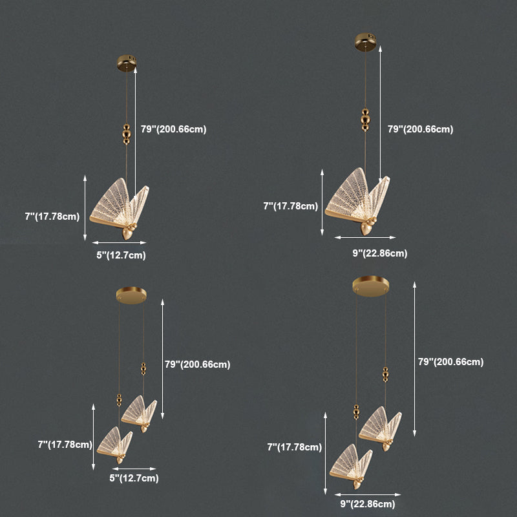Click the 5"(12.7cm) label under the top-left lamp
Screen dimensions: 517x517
(x=121, y=255)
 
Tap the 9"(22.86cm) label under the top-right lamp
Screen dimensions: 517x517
(x=380, y=253)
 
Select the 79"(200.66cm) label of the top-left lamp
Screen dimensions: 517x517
(x=173, y=129)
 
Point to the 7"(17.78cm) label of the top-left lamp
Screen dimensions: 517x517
(x=52, y=216)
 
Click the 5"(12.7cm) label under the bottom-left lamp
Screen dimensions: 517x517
(x=134, y=478)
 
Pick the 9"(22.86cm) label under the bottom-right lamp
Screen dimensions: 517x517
(x=368, y=504)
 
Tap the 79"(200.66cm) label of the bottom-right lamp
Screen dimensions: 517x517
(x=450, y=362)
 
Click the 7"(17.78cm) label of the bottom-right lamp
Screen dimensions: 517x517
(x=295, y=447)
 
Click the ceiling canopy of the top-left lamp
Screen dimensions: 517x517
(x=127, y=63)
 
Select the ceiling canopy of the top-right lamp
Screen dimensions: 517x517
(x=365, y=42)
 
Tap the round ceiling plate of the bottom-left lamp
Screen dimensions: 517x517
(x=131, y=295)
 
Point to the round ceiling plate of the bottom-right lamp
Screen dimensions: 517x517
(x=370, y=286)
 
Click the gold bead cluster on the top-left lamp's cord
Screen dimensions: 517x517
(x=127, y=134)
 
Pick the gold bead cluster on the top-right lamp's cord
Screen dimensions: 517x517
(x=365, y=120)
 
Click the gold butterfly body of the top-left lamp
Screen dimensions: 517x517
(x=129, y=231)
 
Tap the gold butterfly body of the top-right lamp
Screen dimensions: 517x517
(x=367, y=227)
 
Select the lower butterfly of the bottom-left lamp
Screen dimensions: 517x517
(x=115, y=445)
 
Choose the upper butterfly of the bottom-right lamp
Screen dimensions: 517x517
(x=380, y=428)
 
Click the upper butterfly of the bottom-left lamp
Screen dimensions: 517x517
(x=139, y=414)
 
